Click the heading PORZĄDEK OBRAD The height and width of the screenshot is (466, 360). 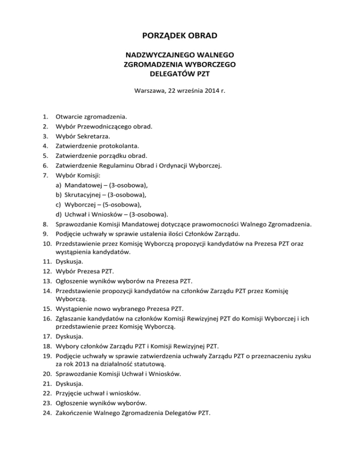[180, 36]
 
